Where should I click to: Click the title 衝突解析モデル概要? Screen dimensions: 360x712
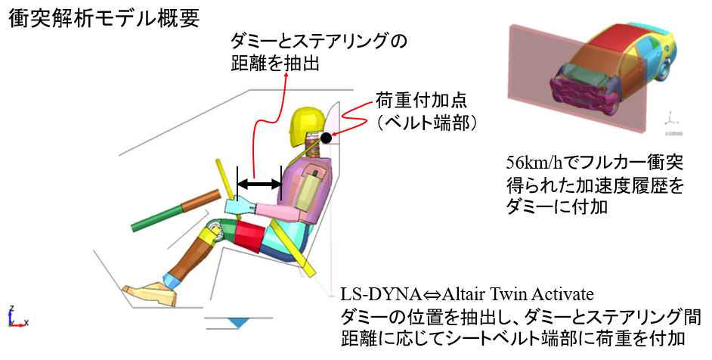coord(104,19)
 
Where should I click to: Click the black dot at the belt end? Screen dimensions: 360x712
coord(326,137)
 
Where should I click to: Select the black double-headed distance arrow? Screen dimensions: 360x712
coord(259,184)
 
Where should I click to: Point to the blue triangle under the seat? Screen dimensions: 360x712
coord(240,322)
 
